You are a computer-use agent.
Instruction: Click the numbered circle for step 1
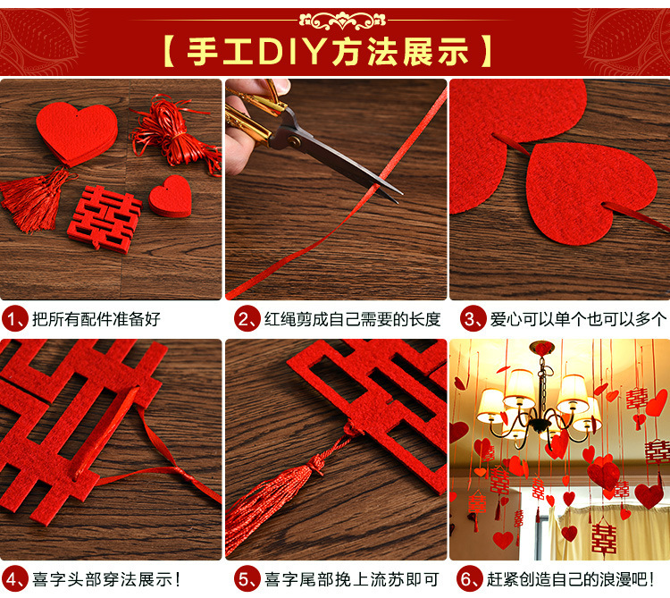(14, 319)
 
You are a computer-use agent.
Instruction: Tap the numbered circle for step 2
(247, 319)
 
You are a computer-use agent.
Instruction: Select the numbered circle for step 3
(473, 319)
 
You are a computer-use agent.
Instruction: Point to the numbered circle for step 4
(14, 579)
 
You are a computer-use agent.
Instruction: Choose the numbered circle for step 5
(247, 579)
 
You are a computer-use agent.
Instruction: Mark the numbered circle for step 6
(470, 579)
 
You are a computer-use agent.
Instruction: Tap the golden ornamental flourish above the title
(342, 20)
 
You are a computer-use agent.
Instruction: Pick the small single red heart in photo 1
(171, 196)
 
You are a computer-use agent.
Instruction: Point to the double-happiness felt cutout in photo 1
(105, 218)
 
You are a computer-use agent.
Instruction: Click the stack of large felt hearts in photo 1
(76, 133)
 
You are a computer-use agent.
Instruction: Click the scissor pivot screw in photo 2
(294, 139)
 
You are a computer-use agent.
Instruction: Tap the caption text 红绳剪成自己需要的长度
(352, 319)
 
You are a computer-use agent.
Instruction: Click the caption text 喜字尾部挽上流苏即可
(352, 579)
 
